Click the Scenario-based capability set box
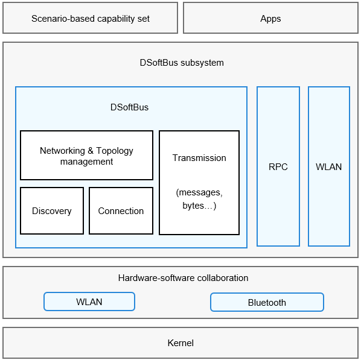coord(91,18)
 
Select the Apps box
coord(270,18)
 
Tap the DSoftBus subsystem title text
coord(182,63)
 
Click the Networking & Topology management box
coord(86,155)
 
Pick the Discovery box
coord(52,210)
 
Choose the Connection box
coord(121,210)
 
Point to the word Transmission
coord(199,158)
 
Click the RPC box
coord(278,166)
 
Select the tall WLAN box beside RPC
coord(329,166)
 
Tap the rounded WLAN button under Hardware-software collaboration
coord(89,302)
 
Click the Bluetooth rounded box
coord(267,302)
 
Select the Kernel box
coord(180,343)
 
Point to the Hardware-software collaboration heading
coord(183,278)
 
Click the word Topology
coord(115,151)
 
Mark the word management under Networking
coord(86,162)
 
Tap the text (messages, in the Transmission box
coord(199,192)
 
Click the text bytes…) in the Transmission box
coord(199,206)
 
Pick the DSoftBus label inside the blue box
coord(129,107)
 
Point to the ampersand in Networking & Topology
coord(91,151)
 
